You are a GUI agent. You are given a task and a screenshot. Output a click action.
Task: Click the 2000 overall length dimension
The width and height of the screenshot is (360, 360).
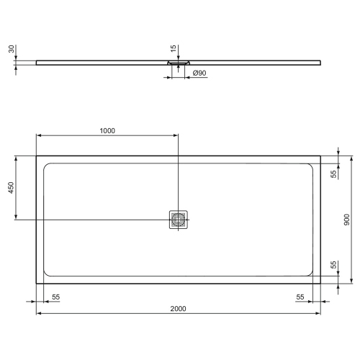179,308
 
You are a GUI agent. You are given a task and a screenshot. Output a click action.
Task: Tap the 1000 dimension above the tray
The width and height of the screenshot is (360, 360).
107,130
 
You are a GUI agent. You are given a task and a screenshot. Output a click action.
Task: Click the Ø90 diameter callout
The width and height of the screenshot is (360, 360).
201,73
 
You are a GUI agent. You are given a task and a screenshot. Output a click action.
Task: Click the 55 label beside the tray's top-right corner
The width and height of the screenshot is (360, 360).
334,174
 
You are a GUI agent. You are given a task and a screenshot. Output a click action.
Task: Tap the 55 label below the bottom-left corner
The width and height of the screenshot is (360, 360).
55,297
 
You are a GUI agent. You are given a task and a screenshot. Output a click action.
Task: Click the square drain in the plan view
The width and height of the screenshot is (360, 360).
179,220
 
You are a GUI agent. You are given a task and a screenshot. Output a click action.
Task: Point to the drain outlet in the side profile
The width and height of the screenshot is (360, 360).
179,63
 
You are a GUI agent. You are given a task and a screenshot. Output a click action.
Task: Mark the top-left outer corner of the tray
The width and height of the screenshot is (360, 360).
37,156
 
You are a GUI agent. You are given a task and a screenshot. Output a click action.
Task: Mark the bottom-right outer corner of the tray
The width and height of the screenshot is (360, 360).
321,284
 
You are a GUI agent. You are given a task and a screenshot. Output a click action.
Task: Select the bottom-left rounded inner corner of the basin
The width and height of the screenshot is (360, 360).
48,272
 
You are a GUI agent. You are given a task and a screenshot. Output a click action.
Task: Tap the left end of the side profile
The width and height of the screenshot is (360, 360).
36,61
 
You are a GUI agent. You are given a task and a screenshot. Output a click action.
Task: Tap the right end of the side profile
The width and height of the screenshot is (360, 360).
321,61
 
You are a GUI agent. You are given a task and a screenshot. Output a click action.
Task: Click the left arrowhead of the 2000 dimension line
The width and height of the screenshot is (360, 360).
39,314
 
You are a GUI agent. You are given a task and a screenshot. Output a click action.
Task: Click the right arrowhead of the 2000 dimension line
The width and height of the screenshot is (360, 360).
319,314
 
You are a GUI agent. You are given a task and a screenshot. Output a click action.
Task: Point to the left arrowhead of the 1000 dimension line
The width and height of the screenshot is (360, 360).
39,135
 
